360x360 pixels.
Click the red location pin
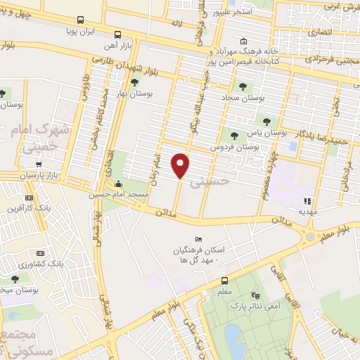[181, 165]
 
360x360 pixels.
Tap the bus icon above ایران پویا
[80, 20]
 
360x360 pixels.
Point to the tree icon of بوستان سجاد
[243, 86]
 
